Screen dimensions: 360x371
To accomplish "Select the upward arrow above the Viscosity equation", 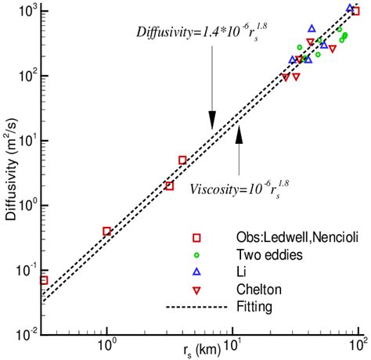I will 240,149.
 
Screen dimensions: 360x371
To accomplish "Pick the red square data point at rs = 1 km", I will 107,231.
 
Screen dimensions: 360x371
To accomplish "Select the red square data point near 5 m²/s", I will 182,160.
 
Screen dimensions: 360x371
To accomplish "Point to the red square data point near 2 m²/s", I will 169,185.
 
